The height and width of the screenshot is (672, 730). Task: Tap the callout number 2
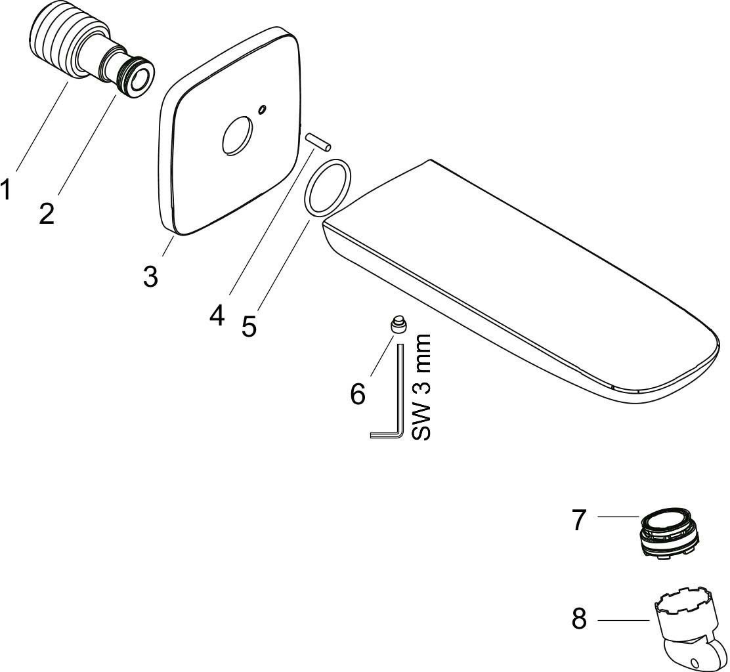click(x=47, y=213)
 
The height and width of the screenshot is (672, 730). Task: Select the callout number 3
click(x=150, y=276)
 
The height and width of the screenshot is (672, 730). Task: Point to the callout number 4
click(x=217, y=316)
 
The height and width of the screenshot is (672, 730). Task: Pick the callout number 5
click(x=249, y=325)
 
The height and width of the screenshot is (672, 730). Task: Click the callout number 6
click(x=358, y=394)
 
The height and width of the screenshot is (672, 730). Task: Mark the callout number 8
click(x=579, y=619)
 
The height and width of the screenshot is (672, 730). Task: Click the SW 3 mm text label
click(x=422, y=387)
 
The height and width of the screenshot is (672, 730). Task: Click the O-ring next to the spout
click(x=327, y=188)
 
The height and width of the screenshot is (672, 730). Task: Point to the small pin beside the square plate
click(x=318, y=142)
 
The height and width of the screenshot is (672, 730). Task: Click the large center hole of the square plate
click(x=238, y=135)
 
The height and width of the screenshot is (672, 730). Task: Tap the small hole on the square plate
click(x=263, y=109)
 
